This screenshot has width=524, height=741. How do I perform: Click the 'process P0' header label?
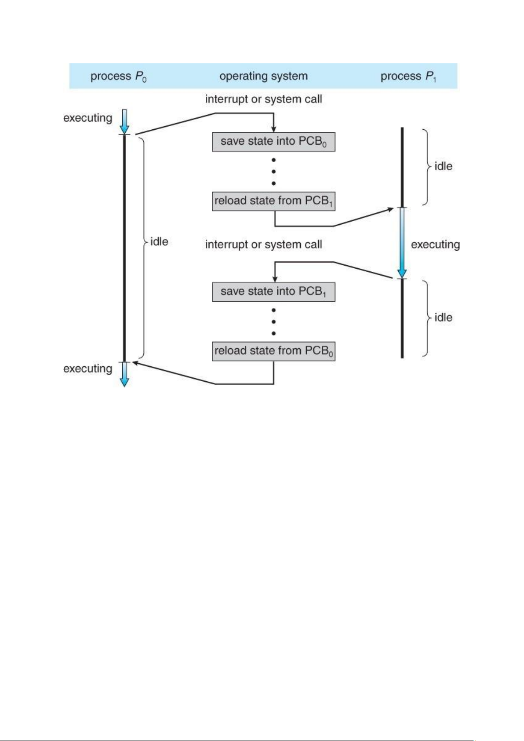pyautogui.click(x=118, y=77)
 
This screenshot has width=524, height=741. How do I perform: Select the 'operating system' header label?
pyautogui.click(x=263, y=76)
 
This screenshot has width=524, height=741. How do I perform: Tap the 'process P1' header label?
pyautogui.click(x=408, y=77)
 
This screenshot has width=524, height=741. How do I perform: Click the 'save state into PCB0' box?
pyautogui.click(x=273, y=142)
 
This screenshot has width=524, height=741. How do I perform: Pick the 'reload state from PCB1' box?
pyautogui.click(x=273, y=201)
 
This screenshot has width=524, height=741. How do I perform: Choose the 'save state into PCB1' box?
pyautogui.click(x=273, y=292)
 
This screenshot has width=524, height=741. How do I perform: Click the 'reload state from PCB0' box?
pyautogui.click(x=273, y=351)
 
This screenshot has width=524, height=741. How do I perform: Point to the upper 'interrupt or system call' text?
pyautogui.click(x=263, y=99)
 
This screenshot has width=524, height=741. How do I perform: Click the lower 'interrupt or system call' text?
pyautogui.click(x=263, y=245)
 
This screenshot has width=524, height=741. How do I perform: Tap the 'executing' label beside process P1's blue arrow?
pyautogui.click(x=435, y=245)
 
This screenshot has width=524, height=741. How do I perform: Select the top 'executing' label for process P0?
pyautogui.click(x=87, y=118)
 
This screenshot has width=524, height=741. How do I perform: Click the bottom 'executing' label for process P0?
pyautogui.click(x=87, y=369)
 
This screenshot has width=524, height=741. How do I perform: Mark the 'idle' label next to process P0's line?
pyautogui.click(x=159, y=241)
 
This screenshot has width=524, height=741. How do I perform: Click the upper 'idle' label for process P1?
pyautogui.click(x=443, y=166)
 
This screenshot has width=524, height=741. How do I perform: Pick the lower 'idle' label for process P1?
pyautogui.click(x=443, y=317)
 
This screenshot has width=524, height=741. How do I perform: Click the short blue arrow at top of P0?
pyautogui.click(x=124, y=121)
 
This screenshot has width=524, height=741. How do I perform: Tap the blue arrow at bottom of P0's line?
pyautogui.click(x=124, y=375)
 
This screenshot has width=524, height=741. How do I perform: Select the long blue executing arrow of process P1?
pyautogui.click(x=402, y=243)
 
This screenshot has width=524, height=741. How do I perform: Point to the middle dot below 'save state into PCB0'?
pyautogui.click(x=273, y=172)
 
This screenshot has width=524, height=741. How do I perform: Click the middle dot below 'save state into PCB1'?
pyautogui.click(x=273, y=321)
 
